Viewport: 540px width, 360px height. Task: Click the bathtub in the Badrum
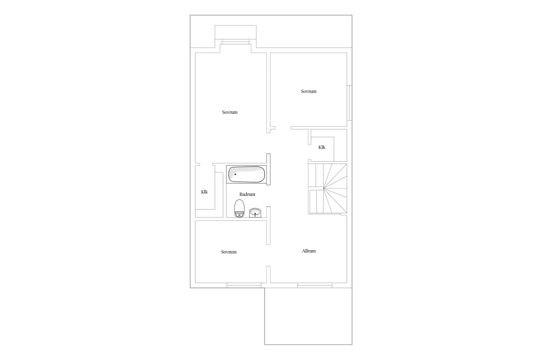pos(246,174)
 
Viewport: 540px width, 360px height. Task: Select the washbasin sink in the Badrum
pos(255,213)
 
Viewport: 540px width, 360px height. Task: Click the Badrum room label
pos(247,194)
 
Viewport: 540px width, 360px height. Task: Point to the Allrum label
pos(309,251)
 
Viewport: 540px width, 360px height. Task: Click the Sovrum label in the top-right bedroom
pos(309,91)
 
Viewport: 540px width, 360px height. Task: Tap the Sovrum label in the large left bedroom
pos(229,112)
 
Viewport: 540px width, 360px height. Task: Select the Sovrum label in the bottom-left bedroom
pos(228,252)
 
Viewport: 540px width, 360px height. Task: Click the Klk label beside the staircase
pos(322,147)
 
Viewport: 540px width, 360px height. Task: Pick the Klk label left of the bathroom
pos(204,192)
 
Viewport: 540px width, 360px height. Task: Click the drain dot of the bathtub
pos(235,174)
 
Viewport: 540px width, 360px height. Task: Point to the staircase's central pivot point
pos(324,189)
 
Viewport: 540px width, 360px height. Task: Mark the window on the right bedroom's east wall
pos(350,103)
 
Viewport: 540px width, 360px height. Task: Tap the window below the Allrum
pos(315,286)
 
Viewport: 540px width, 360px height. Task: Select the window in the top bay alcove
pos(235,42)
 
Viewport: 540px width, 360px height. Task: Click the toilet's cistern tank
pos(239,215)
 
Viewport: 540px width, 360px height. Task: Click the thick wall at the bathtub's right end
pos(268,169)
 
